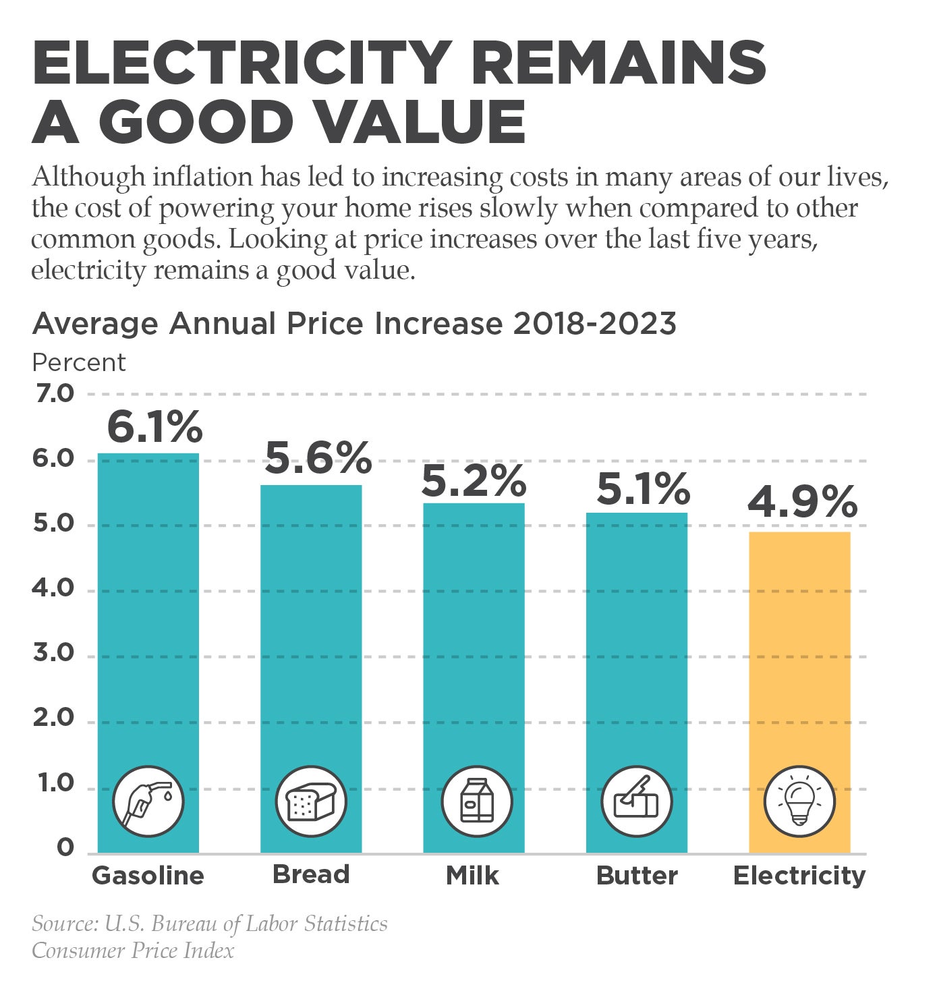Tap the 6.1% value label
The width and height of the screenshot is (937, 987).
click(154, 426)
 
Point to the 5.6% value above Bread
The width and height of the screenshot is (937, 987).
click(317, 458)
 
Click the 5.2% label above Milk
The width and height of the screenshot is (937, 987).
click(474, 480)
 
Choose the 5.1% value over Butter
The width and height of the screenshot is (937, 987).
click(643, 489)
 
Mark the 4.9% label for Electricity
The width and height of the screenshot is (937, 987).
click(802, 502)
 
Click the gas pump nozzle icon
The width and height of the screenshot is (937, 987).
click(148, 801)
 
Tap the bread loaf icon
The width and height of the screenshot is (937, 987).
click(311, 801)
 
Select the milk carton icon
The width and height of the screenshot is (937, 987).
click(477, 801)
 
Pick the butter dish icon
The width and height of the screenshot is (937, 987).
click(636, 801)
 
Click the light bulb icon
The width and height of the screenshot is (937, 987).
click(799, 801)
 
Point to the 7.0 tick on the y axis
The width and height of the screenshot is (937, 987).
click(53, 393)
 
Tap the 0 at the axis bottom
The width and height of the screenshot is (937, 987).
click(65, 847)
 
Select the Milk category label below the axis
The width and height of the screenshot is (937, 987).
click(473, 876)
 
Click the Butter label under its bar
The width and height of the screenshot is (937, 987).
click(637, 876)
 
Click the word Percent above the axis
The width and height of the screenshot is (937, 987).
click(79, 363)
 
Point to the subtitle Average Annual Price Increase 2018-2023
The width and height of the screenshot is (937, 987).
click(354, 324)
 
